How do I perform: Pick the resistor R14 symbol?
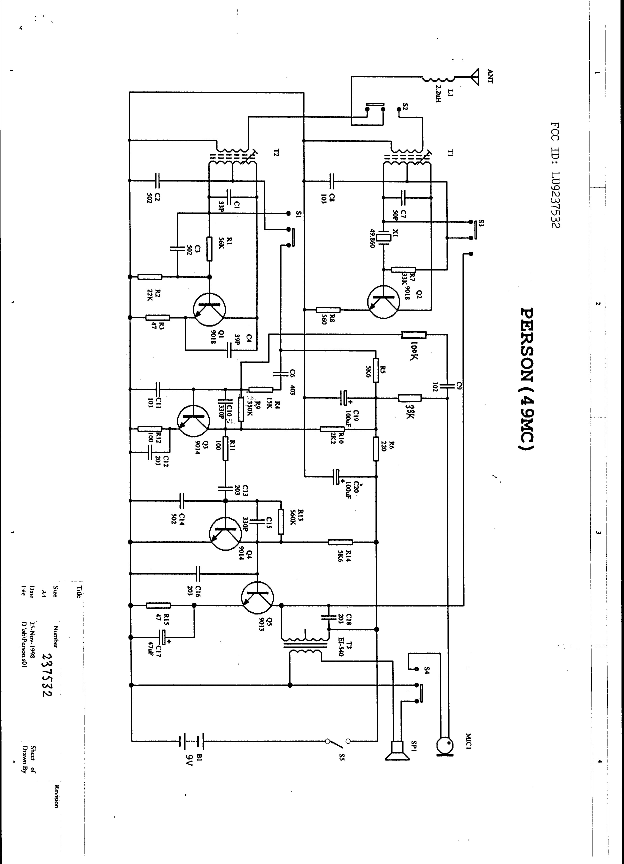[340, 542]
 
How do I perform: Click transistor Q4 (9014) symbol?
[225, 533]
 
